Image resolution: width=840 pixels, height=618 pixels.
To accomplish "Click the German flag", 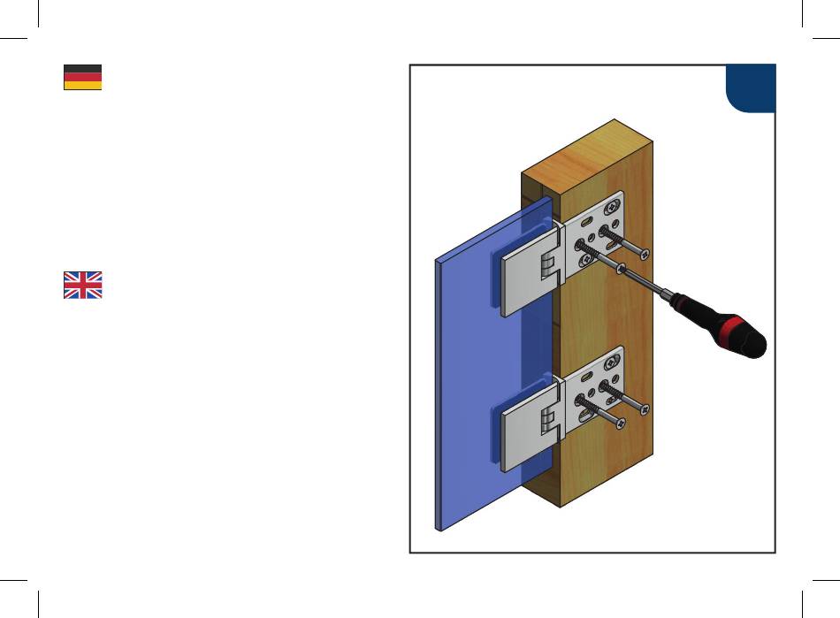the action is pyautogui.click(x=82, y=77).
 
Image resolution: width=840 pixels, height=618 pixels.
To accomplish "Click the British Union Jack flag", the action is pyautogui.click(x=82, y=285).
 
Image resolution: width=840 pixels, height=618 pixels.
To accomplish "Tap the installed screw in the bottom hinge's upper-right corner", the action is pyautogui.click(x=612, y=362).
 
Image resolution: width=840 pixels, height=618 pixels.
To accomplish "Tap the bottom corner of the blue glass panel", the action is pyautogui.click(x=439, y=528).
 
